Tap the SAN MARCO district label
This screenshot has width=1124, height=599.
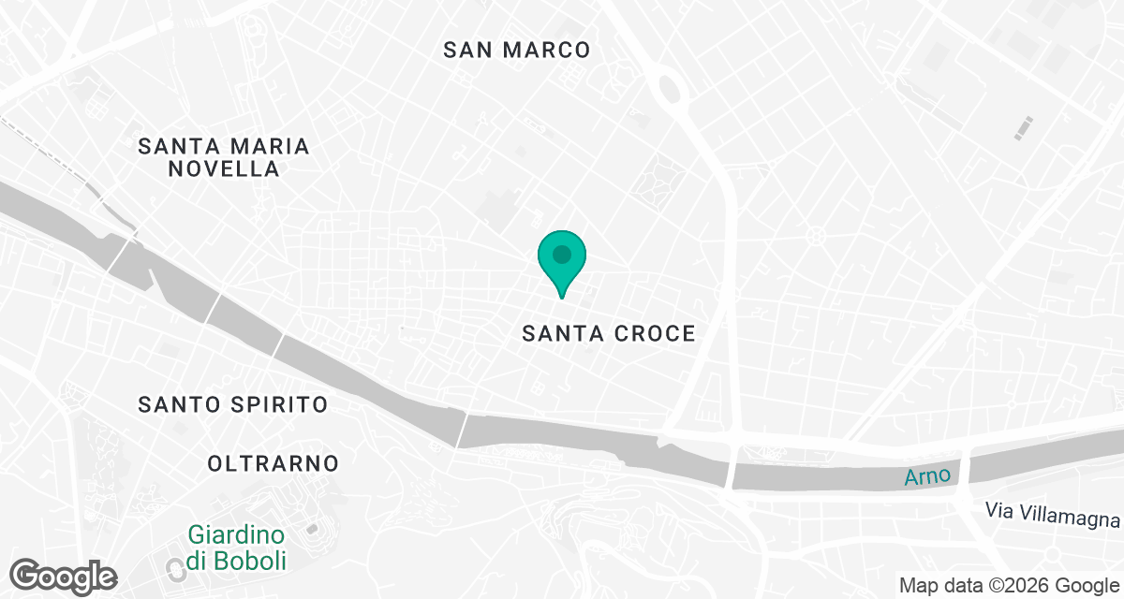[x=517, y=51]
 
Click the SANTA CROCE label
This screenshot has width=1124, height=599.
[x=609, y=333]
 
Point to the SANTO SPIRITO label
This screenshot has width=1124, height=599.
[x=233, y=405]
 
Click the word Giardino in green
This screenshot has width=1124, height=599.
[x=236, y=536]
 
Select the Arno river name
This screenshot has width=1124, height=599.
[x=928, y=476]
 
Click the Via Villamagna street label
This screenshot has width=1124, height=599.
[x=1053, y=512]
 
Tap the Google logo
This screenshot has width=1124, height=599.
[x=64, y=576]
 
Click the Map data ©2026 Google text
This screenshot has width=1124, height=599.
[x=1009, y=586]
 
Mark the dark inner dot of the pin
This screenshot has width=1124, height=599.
[x=561, y=254]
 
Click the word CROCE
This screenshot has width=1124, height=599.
[x=654, y=333]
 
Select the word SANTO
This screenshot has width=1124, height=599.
[x=177, y=405]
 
